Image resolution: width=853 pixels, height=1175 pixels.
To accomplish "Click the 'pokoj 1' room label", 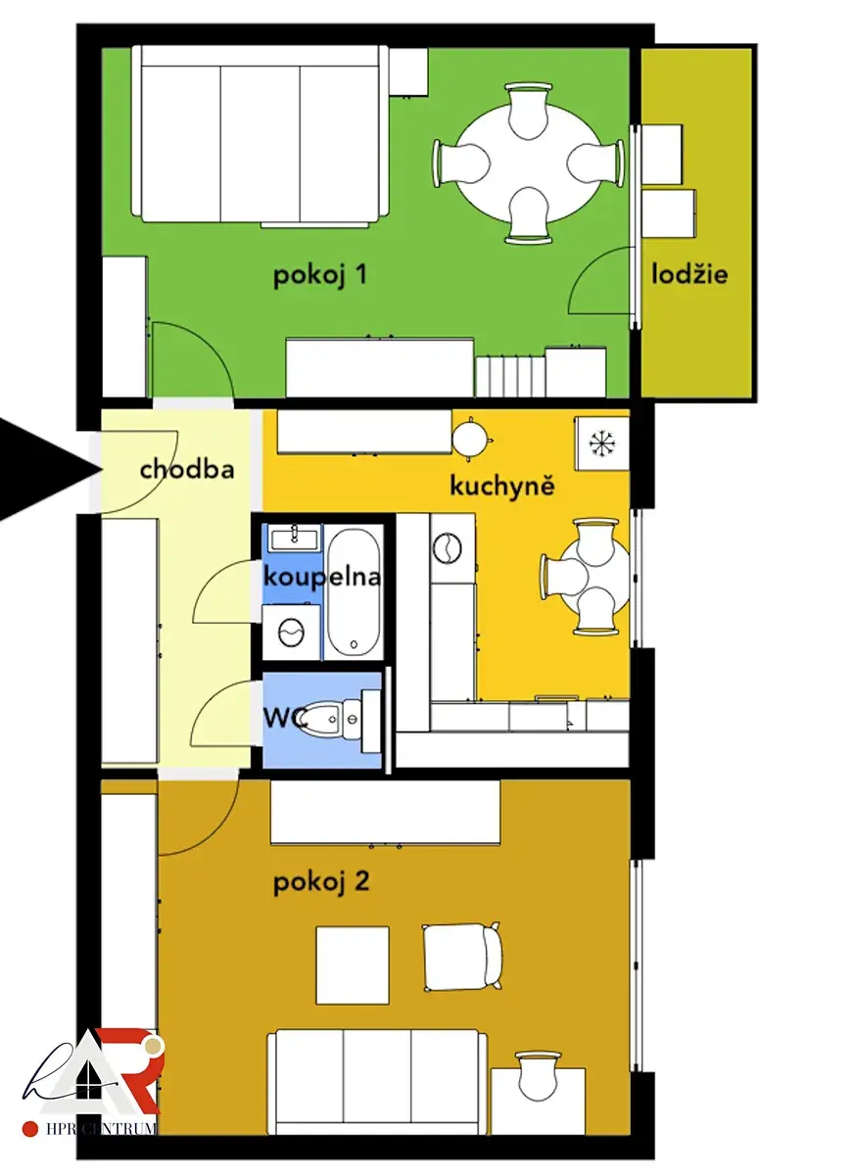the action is tap(319, 276).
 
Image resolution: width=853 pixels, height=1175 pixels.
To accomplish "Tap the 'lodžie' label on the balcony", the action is tap(689, 274).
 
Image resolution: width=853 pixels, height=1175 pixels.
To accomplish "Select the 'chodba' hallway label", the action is tap(187, 469).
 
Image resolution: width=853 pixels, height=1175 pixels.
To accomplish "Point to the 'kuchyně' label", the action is tap(502, 486).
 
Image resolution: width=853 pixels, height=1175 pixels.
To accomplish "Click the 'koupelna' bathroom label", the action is tap(321, 578).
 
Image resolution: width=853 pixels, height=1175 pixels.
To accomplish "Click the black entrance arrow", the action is tap(50, 469).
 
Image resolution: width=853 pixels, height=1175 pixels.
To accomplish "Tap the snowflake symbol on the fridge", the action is tap(601, 443).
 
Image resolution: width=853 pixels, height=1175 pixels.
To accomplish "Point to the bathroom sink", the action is tap(295, 538).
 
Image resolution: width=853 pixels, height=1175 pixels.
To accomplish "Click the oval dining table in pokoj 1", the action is tap(529, 164).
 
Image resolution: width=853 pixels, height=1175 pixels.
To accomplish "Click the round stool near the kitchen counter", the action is tap(469, 439).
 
